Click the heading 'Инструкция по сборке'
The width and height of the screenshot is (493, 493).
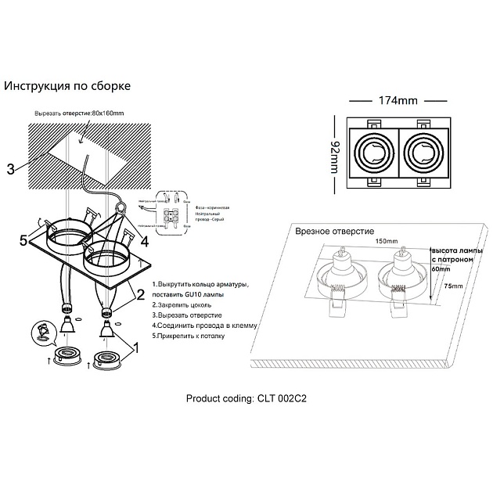click(x=67, y=85)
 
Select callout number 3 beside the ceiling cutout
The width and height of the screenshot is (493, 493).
click(x=10, y=168)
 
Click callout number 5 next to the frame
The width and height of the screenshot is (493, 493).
click(x=23, y=239)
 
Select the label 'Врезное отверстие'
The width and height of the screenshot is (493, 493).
click(x=335, y=232)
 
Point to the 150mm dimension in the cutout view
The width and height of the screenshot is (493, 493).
click(x=384, y=242)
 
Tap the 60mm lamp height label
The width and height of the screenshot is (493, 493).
click(x=440, y=268)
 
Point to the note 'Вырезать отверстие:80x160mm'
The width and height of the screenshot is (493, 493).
click(x=80, y=113)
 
